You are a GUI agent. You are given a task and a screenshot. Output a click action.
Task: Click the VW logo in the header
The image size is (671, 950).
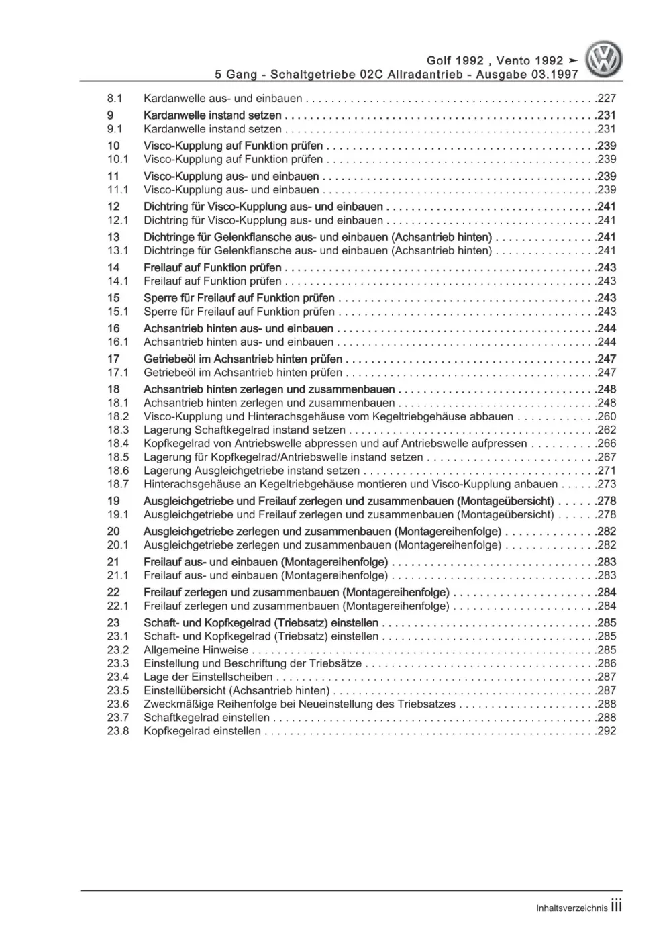click(x=605, y=59)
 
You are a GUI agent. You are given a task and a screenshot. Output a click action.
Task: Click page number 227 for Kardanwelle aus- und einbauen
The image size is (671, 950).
click(x=607, y=98)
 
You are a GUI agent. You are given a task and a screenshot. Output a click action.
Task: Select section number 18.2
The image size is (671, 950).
click(x=117, y=416)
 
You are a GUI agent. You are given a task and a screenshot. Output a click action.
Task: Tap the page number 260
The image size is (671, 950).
click(x=607, y=416)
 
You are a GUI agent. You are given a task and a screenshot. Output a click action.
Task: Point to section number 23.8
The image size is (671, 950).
click(x=117, y=731)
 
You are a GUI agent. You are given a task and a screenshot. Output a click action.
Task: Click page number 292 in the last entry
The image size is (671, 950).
click(x=607, y=731)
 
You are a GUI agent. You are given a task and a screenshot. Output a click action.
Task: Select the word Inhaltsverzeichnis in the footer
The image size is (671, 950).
click(x=572, y=908)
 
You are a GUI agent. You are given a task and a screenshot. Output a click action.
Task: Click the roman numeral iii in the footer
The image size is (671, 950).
click(x=616, y=906)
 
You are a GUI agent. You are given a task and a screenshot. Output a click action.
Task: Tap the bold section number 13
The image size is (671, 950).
click(x=113, y=237)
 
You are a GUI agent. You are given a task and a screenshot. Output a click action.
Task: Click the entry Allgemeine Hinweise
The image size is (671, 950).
click(x=196, y=650)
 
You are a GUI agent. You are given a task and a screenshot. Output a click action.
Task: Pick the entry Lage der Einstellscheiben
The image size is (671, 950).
click(x=208, y=677)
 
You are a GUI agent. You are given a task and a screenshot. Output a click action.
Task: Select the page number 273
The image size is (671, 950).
click(x=607, y=484)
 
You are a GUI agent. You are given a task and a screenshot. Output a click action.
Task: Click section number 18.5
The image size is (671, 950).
click(x=117, y=457)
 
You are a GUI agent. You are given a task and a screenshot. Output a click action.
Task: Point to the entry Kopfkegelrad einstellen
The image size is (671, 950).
click(x=202, y=731)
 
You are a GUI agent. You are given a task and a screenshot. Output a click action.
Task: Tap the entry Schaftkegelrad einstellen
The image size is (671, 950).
click(x=207, y=718)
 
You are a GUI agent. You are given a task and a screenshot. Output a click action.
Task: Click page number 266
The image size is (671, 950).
click(x=607, y=443)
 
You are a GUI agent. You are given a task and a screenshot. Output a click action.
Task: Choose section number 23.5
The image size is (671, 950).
click(x=117, y=690)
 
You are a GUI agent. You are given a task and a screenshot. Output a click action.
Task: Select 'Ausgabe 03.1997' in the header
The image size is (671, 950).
click(x=527, y=75)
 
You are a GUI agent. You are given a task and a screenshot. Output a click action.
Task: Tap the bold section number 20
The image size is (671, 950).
click(x=113, y=531)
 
